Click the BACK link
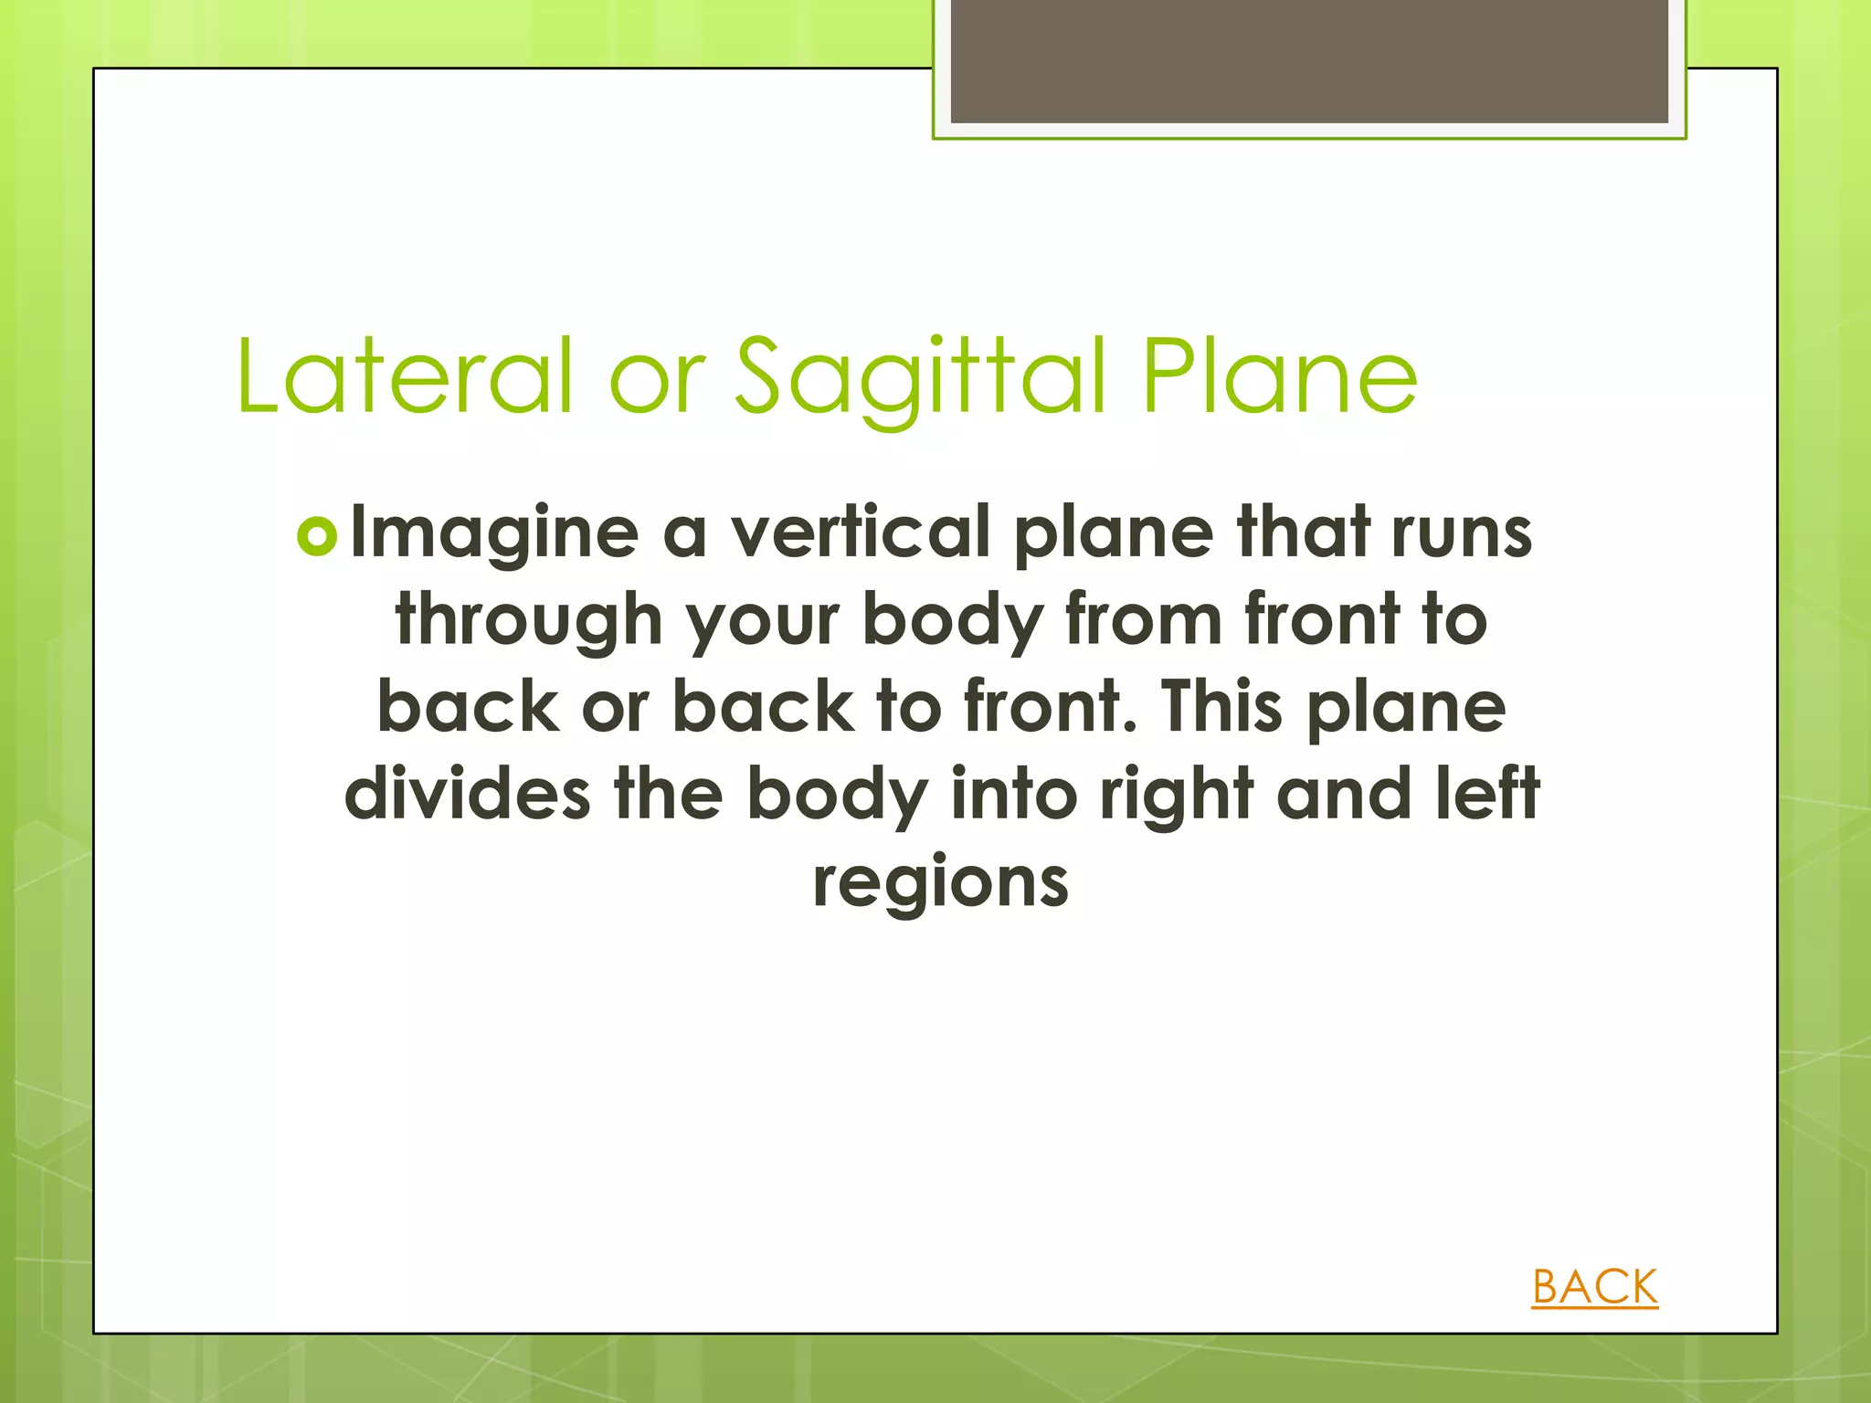(1594, 1287)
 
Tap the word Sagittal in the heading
(923, 376)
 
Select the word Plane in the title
(1280, 376)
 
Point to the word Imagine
(494, 533)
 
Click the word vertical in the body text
(860, 532)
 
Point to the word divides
(467, 794)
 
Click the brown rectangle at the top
(1309, 60)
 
